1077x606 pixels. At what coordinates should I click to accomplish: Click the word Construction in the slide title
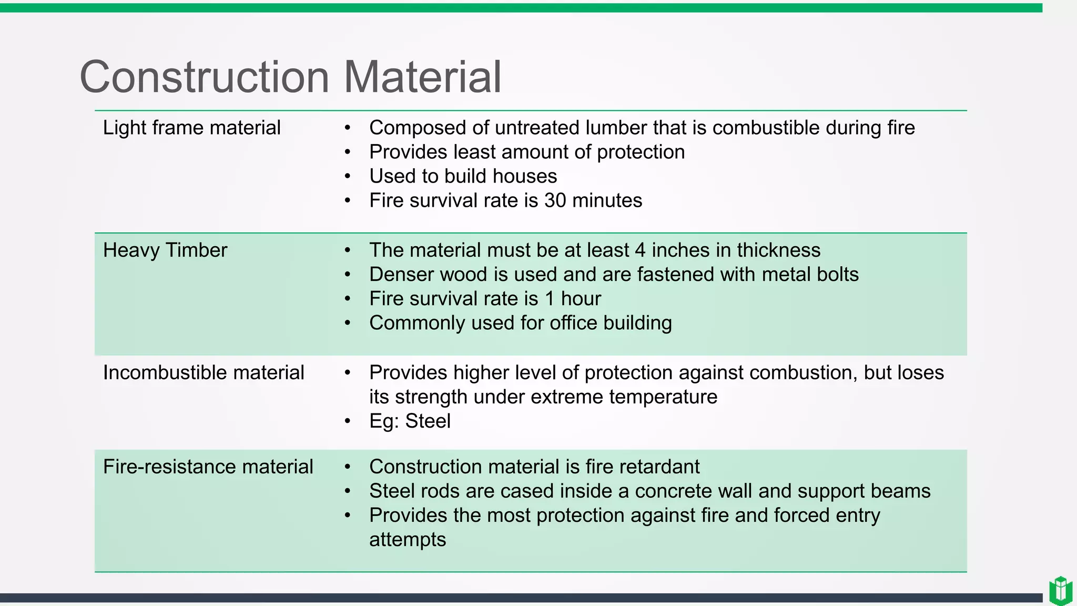coord(204,77)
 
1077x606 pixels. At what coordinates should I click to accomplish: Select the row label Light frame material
coord(191,128)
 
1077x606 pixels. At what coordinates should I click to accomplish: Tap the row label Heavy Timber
coord(165,250)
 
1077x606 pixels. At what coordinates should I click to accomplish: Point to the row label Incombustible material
coord(204,373)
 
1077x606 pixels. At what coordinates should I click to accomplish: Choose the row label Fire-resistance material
coord(208,467)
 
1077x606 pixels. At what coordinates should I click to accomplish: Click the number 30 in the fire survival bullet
coord(555,200)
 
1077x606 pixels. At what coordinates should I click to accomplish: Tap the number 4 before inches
coord(640,250)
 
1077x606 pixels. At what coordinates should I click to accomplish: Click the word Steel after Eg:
coord(428,421)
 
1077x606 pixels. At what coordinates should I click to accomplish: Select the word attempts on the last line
coord(408,540)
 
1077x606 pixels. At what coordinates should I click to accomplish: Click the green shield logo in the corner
coord(1060,591)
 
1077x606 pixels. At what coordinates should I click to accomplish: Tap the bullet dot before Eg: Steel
coord(347,421)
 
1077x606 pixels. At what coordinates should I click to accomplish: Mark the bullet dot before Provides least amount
coord(347,153)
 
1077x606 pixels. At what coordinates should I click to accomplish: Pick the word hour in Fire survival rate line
coord(581,299)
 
